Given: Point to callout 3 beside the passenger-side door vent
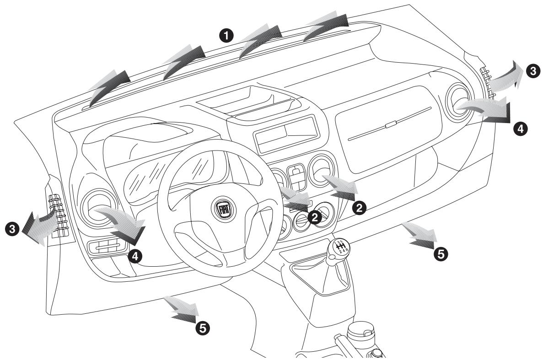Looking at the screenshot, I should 532,70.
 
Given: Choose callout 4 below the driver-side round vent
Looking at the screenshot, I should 135,256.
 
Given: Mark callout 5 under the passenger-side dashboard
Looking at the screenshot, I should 441,254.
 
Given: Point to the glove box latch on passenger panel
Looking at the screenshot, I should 389,124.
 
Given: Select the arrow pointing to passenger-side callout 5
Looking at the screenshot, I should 421,236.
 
